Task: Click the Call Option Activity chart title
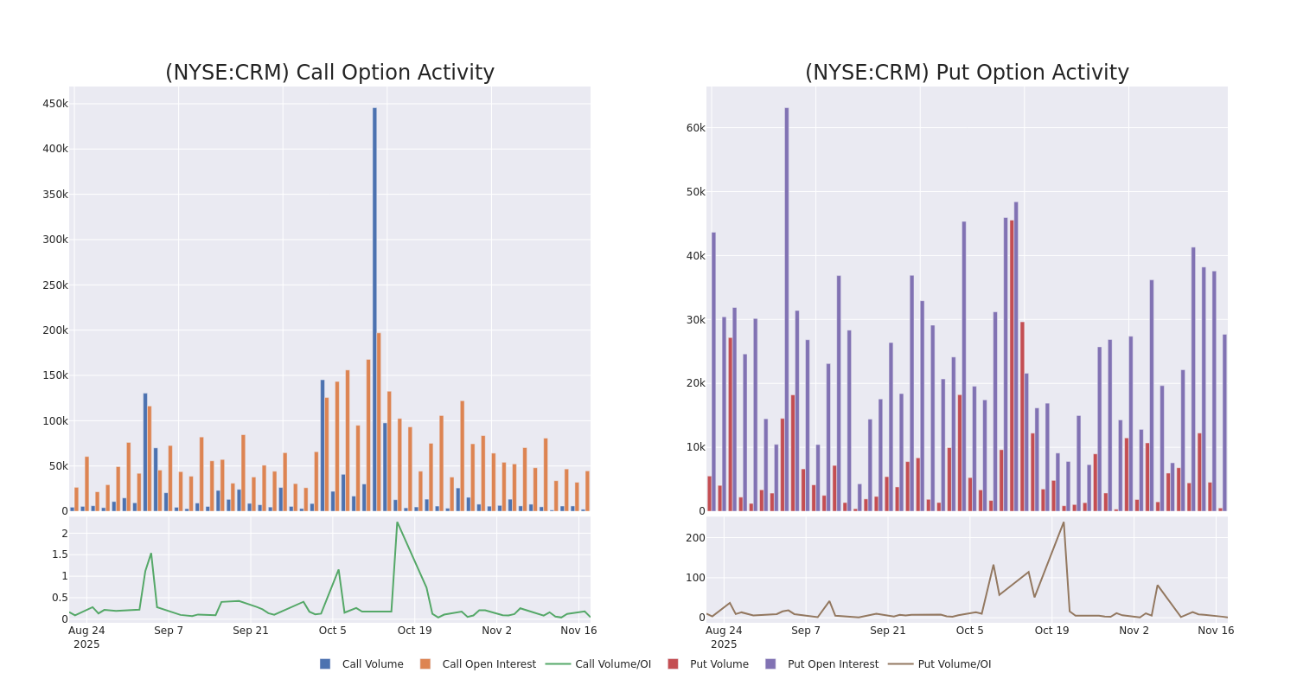[x=329, y=73]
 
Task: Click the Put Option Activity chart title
[x=967, y=73]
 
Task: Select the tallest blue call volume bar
[x=374, y=309]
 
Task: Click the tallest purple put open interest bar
[x=787, y=309]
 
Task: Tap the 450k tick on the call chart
[x=55, y=104]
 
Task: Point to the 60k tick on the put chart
[x=695, y=128]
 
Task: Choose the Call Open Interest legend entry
[x=489, y=664]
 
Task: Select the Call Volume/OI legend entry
[x=612, y=664]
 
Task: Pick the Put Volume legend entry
[x=719, y=664]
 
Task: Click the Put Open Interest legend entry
[x=832, y=664]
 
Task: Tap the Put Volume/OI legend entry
[x=954, y=664]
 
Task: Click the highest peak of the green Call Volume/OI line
[x=397, y=522]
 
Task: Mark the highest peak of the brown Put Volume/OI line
[x=1064, y=522]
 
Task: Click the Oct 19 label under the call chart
[x=414, y=631]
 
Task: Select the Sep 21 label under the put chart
[x=888, y=631]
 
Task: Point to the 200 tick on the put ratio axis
[x=695, y=538]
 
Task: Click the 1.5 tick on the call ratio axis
[x=58, y=554]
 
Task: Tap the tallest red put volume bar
[x=1011, y=365]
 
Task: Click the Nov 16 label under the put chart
[x=1216, y=631]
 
